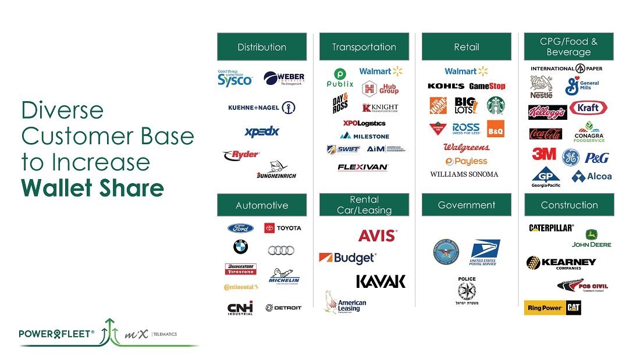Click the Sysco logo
click(x=235, y=78)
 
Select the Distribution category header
click(x=262, y=47)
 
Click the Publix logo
click(x=340, y=78)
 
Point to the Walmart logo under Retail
click(x=466, y=71)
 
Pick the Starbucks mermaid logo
click(x=496, y=105)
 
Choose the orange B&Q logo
click(x=495, y=129)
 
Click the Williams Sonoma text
click(x=464, y=174)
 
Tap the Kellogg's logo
click(x=546, y=112)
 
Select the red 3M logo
click(x=544, y=154)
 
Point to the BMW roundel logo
click(x=240, y=247)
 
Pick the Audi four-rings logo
click(x=281, y=250)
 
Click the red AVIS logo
click(x=377, y=236)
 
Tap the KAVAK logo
click(x=381, y=281)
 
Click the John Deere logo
click(x=592, y=238)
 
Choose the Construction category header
click(x=569, y=205)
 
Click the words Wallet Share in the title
click(x=93, y=188)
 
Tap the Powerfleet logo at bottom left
click(x=56, y=334)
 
